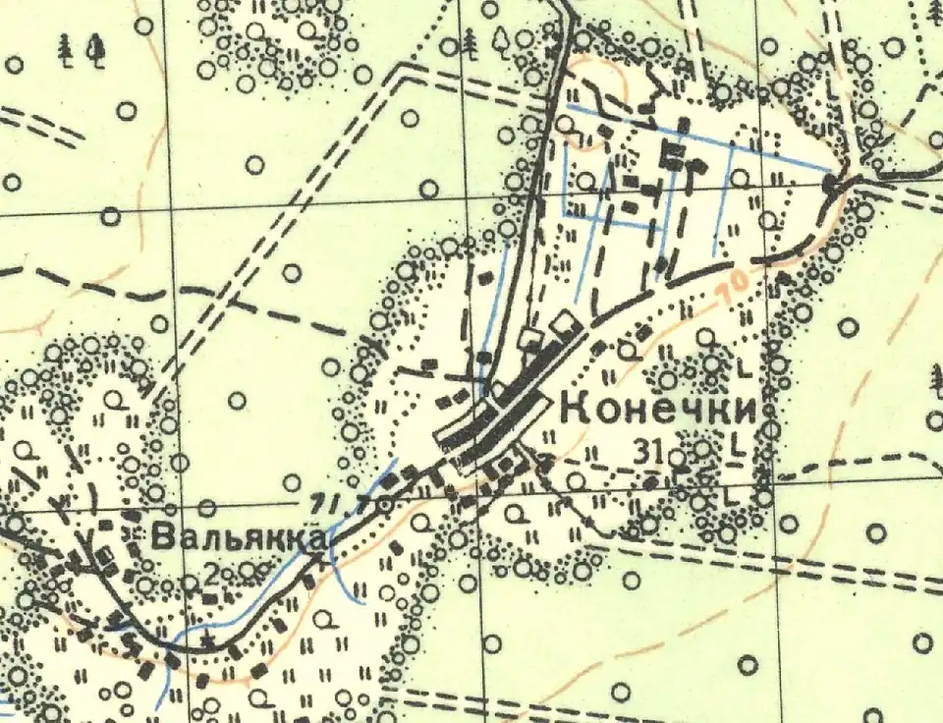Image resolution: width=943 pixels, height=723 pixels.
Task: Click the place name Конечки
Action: click(x=658, y=411)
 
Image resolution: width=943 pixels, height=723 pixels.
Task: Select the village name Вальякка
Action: click(x=240, y=538)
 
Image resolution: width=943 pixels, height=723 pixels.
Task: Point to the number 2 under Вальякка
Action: click(x=210, y=573)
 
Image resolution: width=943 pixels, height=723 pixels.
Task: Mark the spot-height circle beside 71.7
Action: click(x=387, y=503)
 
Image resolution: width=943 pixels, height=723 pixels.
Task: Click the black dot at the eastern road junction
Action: click(x=832, y=183)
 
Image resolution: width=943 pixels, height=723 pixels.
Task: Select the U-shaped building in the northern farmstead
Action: click(x=674, y=155)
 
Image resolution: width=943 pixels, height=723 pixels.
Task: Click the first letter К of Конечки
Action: click(x=574, y=411)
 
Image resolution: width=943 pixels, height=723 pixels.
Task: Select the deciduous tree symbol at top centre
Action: click(x=501, y=39)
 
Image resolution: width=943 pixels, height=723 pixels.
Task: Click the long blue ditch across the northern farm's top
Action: click(x=697, y=137)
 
